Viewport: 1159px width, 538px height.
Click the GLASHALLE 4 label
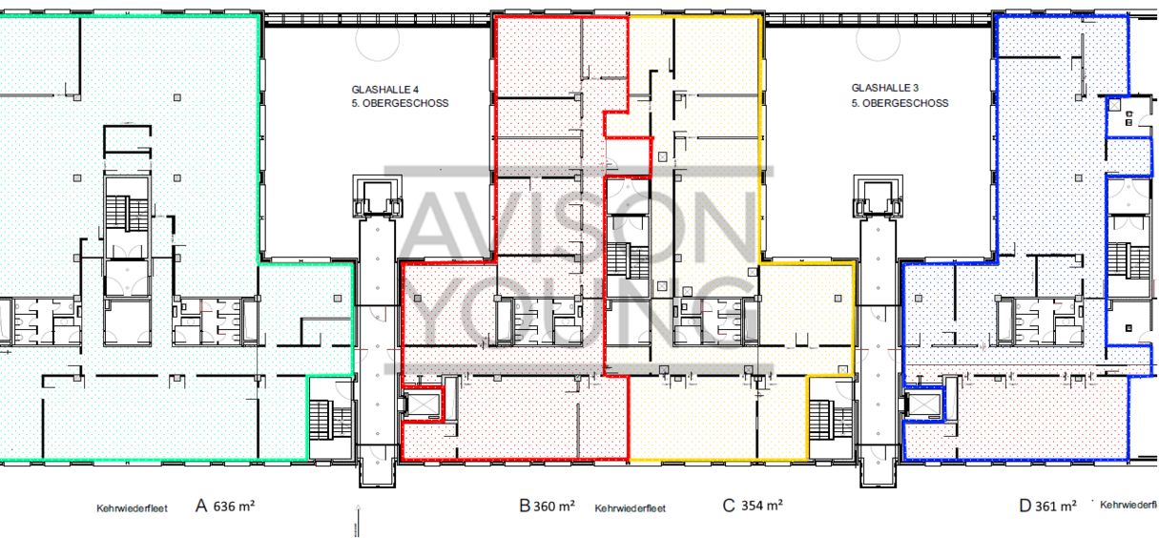[x=385, y=90]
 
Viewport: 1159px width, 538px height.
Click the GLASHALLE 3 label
[x=885, y=88]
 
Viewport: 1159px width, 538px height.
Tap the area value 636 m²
[x=234, y=506]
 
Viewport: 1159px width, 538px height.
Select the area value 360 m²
[x=554, y=506]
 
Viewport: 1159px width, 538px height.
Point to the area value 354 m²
[x=761, y=505]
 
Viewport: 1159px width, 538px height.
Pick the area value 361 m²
[x=1056, y=506]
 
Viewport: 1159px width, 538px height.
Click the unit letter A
[x=201, y=506]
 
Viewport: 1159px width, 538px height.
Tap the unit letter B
[x=525, y=506]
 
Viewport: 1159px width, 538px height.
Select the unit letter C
[x=729, y=506]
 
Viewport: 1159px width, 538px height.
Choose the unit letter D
[x=1025, y=506]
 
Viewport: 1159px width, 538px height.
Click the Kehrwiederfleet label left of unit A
[x=132, y=508]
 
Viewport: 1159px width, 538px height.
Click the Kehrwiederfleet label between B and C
[x=631, y=508]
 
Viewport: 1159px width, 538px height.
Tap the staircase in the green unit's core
[x=127, y=213]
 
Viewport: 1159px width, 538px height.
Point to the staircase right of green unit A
[x=330, y=420]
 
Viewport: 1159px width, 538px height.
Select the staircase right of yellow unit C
[x=831, y=420]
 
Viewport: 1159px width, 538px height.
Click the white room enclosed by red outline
[x=628, y=157]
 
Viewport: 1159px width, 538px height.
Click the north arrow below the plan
[x=358, y=521]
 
